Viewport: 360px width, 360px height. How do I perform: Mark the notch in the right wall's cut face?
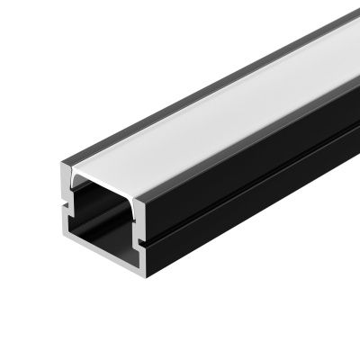(141, 242)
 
